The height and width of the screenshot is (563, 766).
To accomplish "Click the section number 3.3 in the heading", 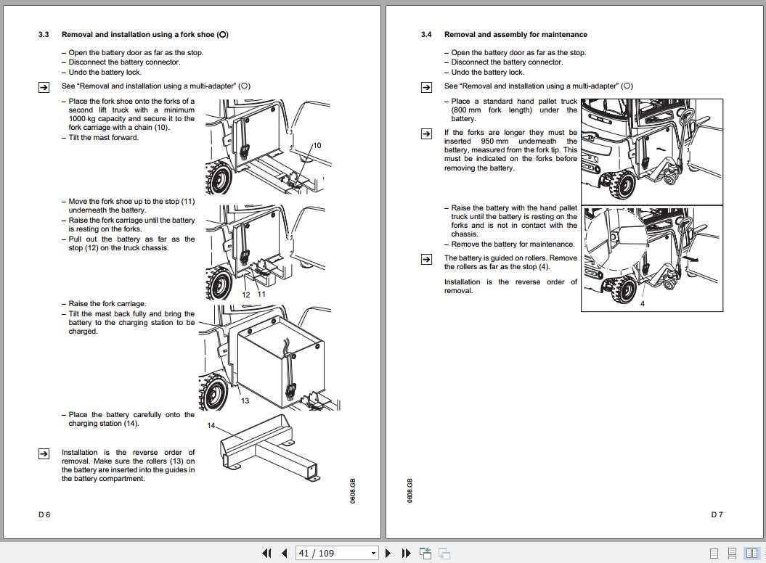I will click(44, 35).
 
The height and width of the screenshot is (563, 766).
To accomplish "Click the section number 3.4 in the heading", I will click(426, 35).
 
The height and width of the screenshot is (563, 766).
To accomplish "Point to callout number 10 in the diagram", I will click(317, 146).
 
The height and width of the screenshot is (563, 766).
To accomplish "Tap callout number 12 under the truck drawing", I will click(246, 295).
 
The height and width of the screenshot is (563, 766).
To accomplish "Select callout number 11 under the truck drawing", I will click(261, 295).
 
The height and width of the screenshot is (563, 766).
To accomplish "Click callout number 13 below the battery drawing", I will click(245, 400).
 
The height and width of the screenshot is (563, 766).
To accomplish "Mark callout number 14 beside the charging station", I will click(211, 425).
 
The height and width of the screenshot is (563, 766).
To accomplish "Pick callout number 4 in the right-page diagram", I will click(642, 304).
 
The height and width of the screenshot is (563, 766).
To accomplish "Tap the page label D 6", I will click(44, 514).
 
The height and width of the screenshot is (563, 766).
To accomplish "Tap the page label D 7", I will click(717, 514).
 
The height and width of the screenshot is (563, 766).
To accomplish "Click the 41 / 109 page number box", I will click(337, 553).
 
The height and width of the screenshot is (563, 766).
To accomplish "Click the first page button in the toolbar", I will click(266, 553).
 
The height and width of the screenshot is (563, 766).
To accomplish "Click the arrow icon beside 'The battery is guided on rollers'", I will click(427, 258).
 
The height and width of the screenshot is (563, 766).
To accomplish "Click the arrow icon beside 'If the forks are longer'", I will click(427, 133).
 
